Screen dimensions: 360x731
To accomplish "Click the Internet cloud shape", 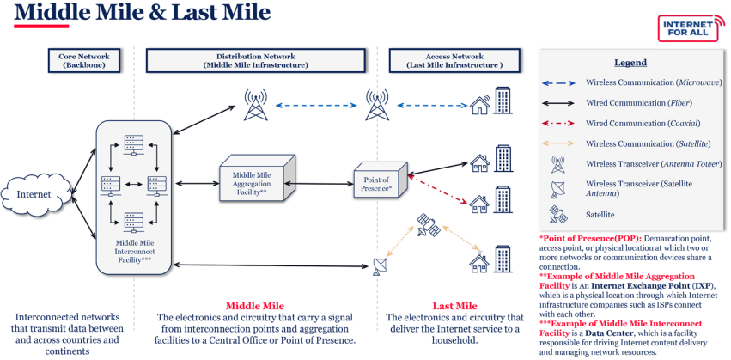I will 35,193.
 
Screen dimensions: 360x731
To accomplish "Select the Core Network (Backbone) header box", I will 84,60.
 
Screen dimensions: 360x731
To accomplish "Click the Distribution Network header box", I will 256,60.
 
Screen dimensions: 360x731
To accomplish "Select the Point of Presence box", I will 378,183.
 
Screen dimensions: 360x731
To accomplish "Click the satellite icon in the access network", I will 427,226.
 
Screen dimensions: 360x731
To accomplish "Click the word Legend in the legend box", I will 630,63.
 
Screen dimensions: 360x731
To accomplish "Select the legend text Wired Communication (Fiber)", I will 640,103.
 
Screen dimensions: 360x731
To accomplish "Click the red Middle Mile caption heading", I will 255,306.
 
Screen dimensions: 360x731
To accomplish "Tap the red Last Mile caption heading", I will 454,306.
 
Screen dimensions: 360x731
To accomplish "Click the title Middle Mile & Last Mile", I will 142,13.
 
